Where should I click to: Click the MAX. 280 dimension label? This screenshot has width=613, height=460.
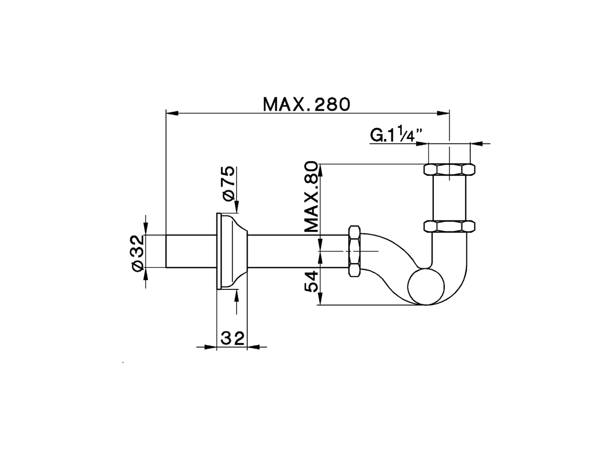[306, 104]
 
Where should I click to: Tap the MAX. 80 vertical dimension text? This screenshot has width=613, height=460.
[312, 197]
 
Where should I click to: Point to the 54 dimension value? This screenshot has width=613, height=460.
[312, 281]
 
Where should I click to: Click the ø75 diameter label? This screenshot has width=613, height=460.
[228, 183]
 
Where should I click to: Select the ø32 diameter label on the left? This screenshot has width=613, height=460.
[137, 253]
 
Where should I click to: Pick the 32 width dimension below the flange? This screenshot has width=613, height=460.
[232, 338]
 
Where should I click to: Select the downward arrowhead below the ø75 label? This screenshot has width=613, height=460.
[236, 207]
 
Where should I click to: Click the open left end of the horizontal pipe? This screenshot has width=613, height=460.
[167, 251]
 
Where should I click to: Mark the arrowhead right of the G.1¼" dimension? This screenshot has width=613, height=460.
[477, 143]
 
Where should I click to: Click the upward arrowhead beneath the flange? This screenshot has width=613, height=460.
[236, 295]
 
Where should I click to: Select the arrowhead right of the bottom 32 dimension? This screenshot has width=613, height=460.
[253, 346]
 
